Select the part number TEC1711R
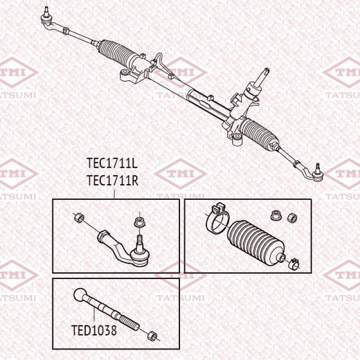(x=112, y=180)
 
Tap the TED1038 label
(x=94, y=331)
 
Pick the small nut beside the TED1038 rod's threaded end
(x=153, y=335)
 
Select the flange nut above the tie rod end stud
(x=139, y=221)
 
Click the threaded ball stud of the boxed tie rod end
(x=139, y=240)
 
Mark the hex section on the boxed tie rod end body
(x=103, y=235)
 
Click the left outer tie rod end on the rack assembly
(x=46, y=18)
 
